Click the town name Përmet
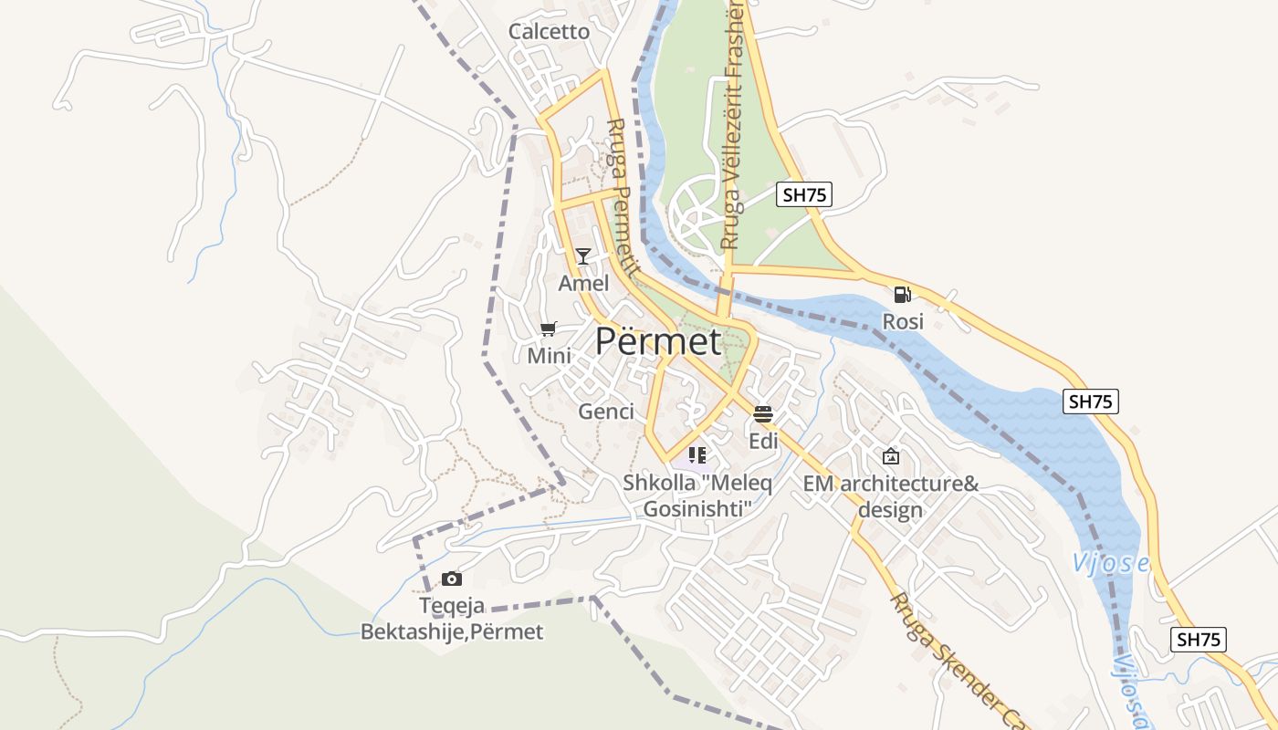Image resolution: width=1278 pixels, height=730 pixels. (x=657, y=341)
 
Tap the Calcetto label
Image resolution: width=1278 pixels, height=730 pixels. (x=549, y=31)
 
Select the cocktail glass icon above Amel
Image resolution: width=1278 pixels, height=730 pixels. (x=583, y=255)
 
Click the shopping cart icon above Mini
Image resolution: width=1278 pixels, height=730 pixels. (x=549, y=328)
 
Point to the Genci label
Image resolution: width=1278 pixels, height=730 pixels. (x=606, y=412)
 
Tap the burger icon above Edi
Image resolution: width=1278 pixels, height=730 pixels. (x=763, y=414)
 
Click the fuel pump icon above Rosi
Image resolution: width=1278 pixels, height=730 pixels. (x=902, y=294)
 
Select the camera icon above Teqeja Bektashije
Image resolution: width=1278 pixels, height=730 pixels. (x=451, y=579)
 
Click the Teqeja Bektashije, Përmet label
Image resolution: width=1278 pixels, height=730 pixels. (x=452, y=619)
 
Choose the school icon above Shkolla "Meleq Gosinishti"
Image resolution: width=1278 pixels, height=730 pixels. (x=697, y=454)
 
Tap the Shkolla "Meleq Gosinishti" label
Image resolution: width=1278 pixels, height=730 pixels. (x=698, y=495)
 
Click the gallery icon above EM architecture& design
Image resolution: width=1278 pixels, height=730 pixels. (x=890, y=456)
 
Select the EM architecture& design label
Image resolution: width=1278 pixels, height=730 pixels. (x=890, y=496)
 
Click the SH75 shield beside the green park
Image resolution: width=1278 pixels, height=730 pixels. (x=804, y=193)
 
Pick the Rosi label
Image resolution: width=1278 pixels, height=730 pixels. (x=902, y=322)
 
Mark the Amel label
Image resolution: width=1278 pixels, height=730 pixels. (x=583, y=284)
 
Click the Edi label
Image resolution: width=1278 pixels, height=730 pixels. (x=763, y=442)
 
